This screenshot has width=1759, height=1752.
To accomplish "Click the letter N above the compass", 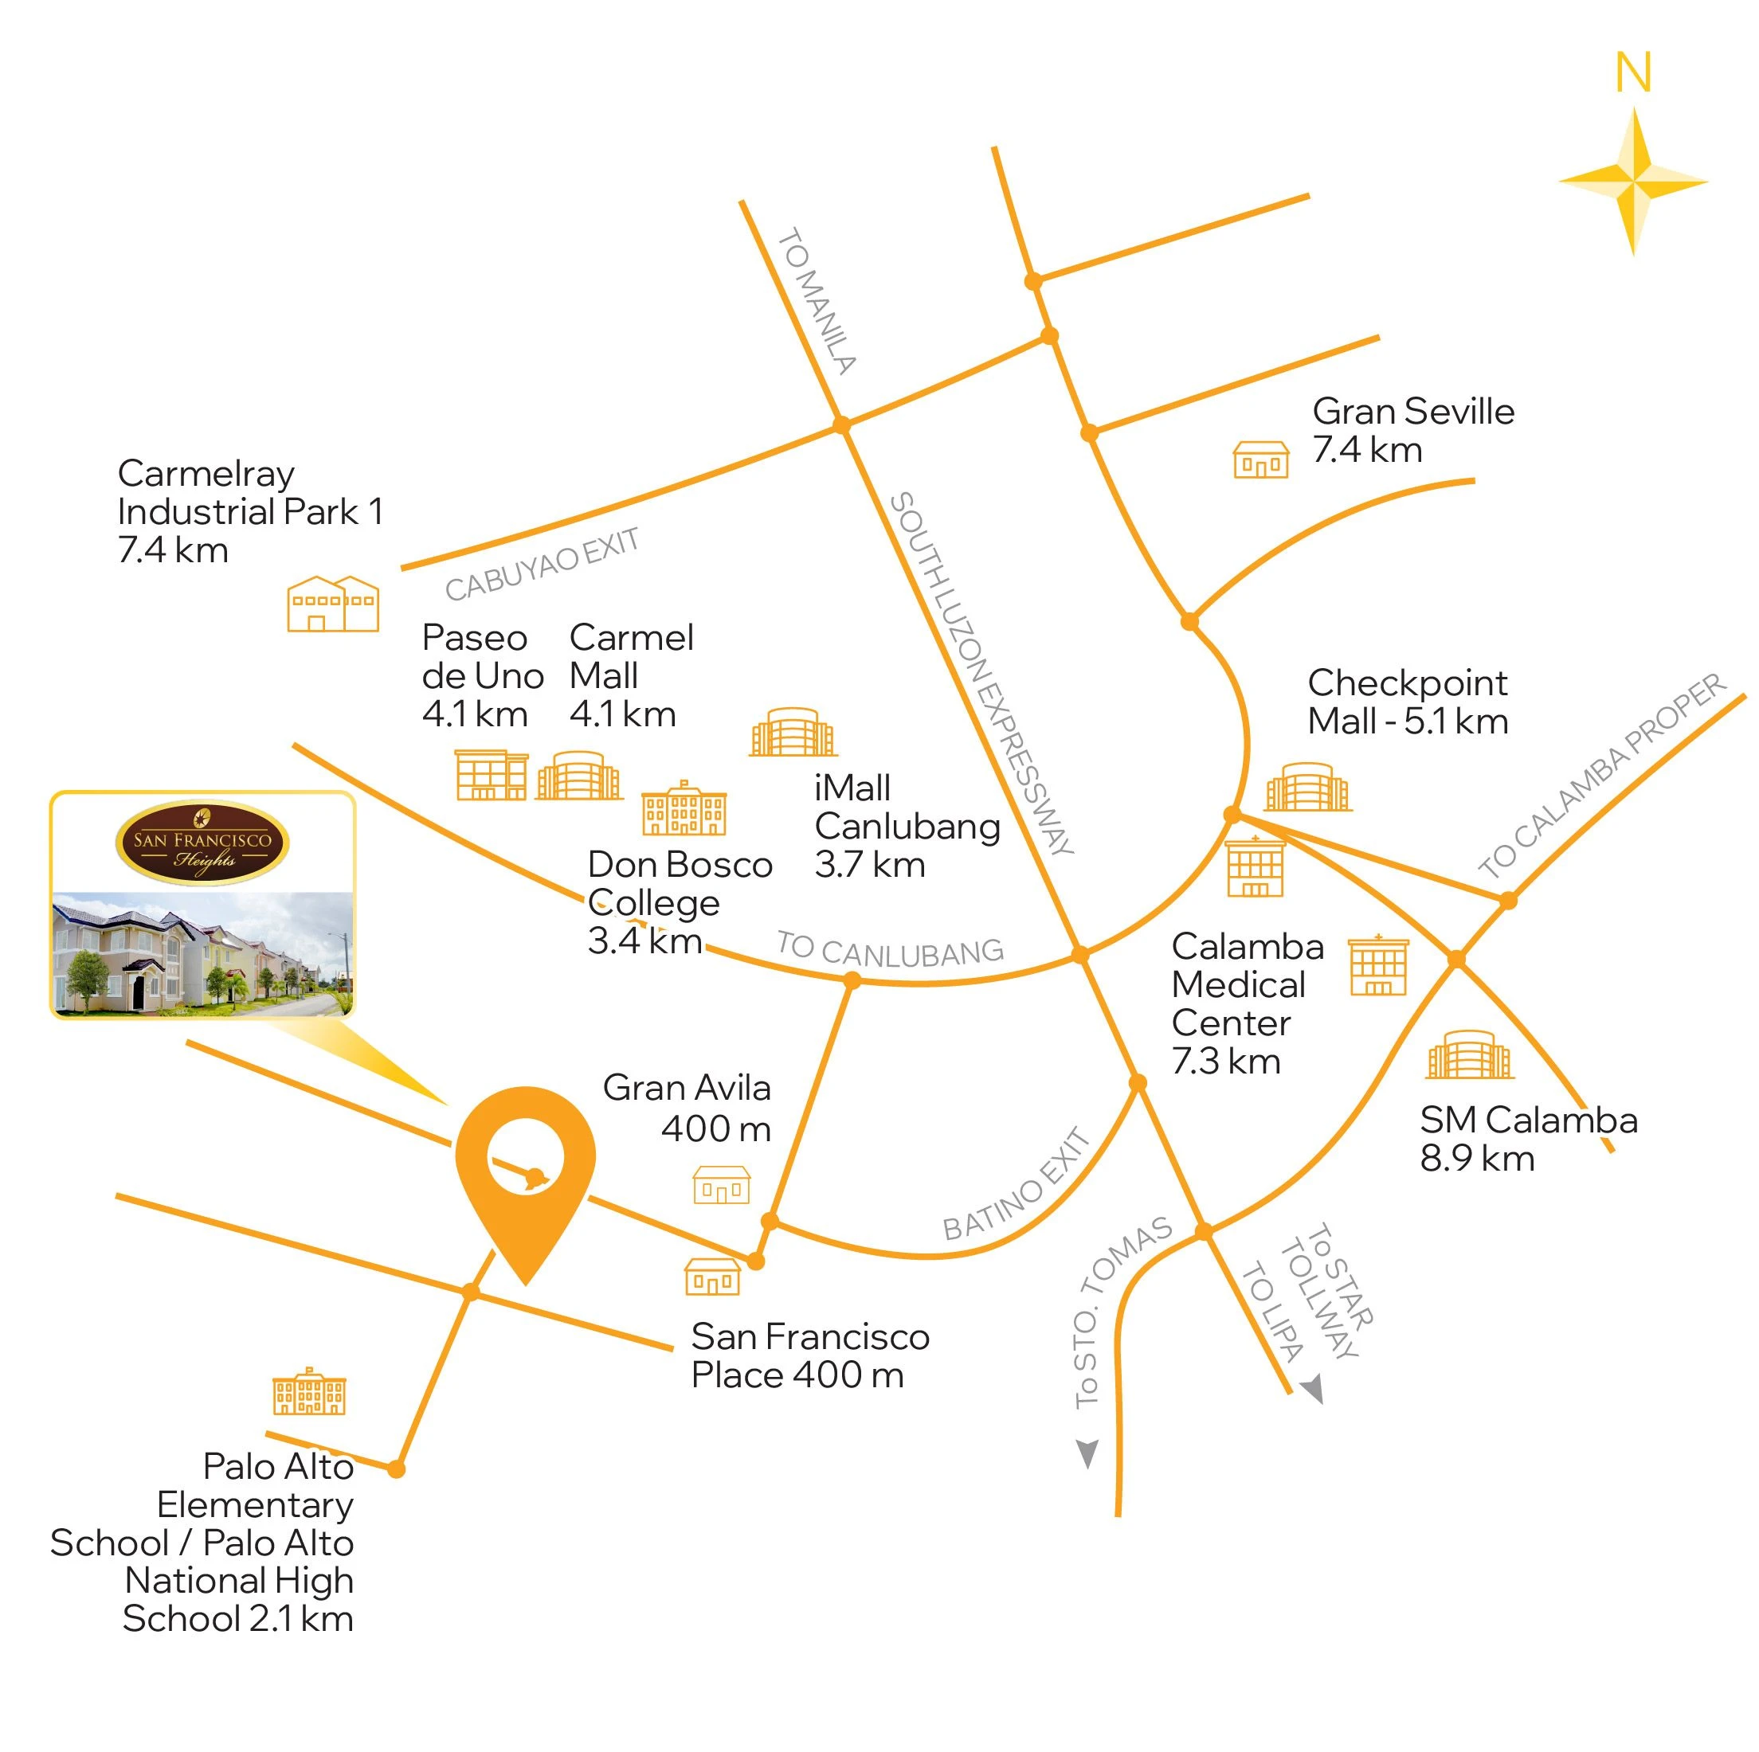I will coord(1633,72).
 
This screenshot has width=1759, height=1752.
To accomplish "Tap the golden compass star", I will coord(1633,180).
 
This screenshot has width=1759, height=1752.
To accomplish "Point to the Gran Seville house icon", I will coord(1261,460).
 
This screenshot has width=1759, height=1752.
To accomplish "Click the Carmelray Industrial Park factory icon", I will coord(332,604).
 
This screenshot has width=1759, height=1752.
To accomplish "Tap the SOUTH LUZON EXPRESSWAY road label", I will coord(980,674).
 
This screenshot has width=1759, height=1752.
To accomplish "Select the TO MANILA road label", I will coord(817,301).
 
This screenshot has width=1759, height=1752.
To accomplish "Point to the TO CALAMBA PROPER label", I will coord(1601,776).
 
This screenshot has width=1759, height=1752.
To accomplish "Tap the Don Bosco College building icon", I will coord(684,809).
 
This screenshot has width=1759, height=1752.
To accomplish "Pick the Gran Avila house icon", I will coord(721,1185).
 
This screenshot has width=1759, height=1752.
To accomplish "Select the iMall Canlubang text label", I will coord(907,826).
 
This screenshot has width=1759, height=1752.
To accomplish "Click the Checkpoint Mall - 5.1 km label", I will coord(1408,702).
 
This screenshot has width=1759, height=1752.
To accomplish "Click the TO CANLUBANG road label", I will coord(890,949).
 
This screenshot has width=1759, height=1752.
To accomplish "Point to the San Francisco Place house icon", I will coord(712,1276).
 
